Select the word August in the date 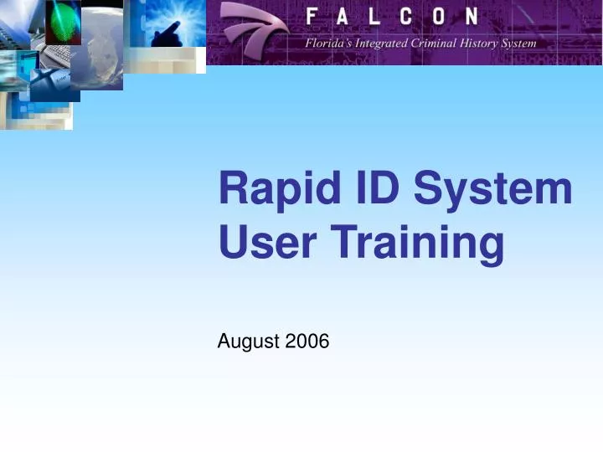(249, 341)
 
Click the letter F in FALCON (312, 17)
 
